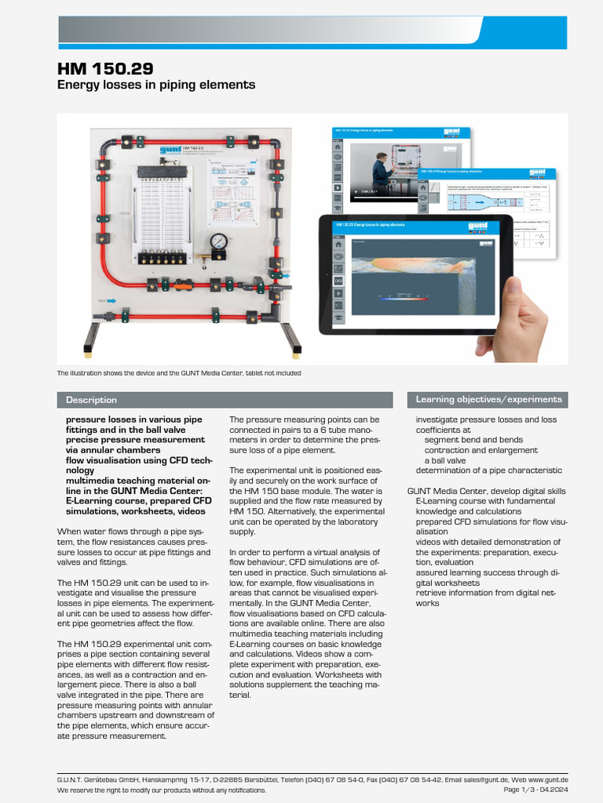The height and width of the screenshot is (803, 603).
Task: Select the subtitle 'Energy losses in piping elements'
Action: [156, 84]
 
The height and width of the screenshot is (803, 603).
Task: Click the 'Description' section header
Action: [91, 400]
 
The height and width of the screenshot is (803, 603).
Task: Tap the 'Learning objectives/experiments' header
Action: [488, 399]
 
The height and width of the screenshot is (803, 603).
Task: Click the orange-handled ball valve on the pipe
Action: [206, 256]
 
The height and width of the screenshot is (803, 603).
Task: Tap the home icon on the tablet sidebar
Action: [338, 243]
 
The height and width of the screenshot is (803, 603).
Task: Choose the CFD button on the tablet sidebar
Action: [338, 280]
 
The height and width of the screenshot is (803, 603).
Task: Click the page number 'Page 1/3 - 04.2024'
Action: [535, 790]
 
